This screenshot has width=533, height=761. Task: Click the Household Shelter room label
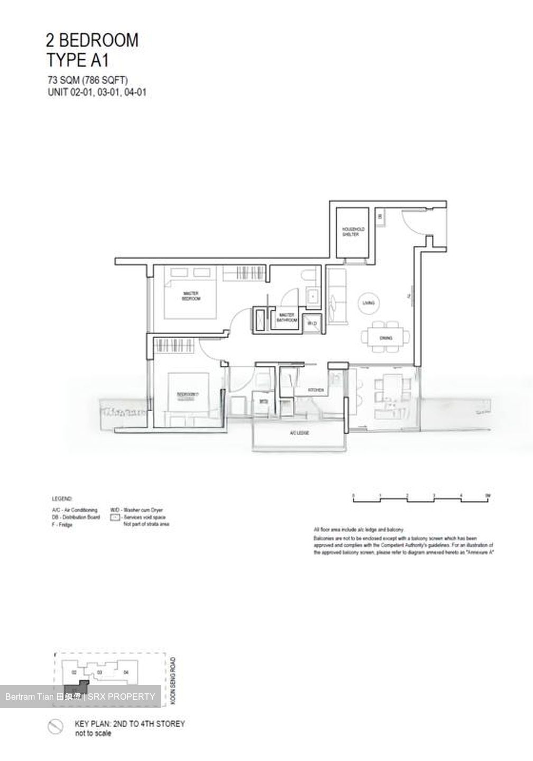(351, 231)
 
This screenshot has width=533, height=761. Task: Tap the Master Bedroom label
(191, 296)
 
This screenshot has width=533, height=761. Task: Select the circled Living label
(369, 303)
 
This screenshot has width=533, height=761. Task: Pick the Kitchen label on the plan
(316, 390)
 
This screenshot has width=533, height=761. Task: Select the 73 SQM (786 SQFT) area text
(87, 81)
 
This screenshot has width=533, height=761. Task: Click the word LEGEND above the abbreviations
(62, 499)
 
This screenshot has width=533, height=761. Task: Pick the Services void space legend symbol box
(115, 517)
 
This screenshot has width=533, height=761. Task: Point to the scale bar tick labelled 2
(407, 496)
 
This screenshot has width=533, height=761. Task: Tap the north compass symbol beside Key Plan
(56, 727)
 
